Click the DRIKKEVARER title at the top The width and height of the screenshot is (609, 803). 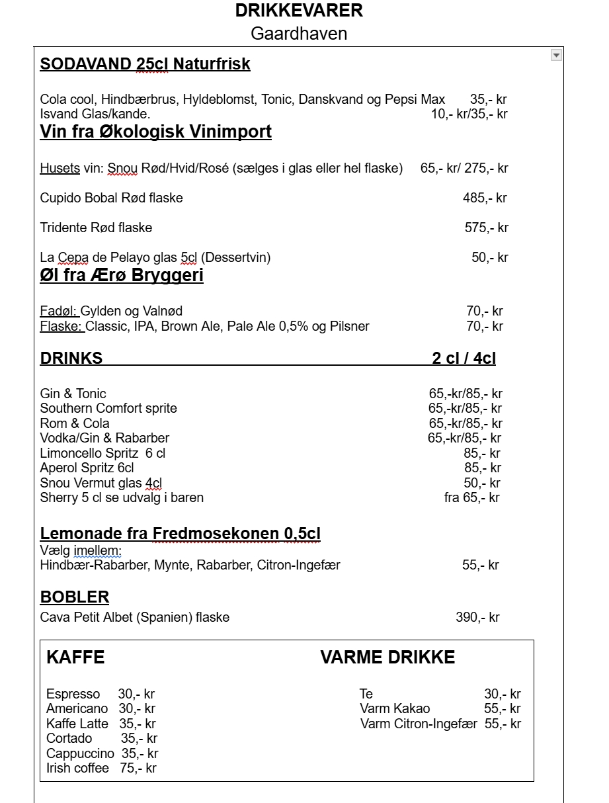(299, 11)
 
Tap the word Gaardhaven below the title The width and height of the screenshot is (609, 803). (299, 34)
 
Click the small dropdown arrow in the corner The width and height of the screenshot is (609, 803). (556, 56)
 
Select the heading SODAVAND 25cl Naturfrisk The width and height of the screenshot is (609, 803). (145, 64)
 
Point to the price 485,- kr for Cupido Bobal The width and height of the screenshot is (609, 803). (485, 198)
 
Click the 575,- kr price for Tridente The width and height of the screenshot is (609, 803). (486, 228)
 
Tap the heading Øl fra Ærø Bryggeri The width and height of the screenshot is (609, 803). (122, 276)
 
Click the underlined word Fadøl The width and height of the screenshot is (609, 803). (59, 312)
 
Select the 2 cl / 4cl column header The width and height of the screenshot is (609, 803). (464, 359)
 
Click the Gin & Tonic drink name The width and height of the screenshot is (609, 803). (73, 394)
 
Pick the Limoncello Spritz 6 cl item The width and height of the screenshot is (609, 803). (102, 453)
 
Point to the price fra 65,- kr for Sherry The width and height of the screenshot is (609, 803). (471, 497)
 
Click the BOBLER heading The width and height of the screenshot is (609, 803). (75, 597)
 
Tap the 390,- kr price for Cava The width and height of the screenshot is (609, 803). (477, 617)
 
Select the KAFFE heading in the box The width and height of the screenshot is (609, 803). (75, 657)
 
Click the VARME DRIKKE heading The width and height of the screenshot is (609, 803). (387, 657)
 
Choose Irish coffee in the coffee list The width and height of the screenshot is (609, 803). (77, 768)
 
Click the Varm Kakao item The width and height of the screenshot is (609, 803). (395, 708)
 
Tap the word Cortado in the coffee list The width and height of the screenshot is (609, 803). (69, 738)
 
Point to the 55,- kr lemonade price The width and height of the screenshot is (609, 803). (480, 565)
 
